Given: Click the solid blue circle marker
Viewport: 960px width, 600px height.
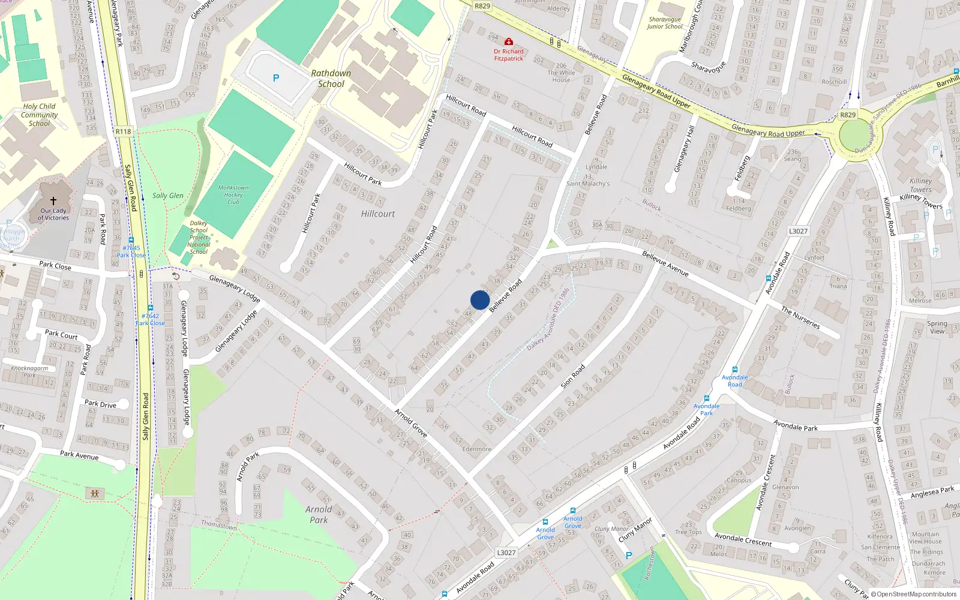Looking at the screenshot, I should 480,300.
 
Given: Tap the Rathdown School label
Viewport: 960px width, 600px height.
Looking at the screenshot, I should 331,79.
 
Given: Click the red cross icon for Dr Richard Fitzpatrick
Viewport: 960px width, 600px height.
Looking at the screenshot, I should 509,41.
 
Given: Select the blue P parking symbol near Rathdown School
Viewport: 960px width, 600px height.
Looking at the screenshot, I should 276,78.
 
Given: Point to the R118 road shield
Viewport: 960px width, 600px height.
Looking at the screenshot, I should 123,131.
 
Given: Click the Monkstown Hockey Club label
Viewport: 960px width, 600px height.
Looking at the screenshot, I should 233,194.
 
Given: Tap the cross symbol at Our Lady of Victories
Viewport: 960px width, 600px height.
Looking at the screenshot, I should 53,201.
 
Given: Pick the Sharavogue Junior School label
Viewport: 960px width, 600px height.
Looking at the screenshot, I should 665,23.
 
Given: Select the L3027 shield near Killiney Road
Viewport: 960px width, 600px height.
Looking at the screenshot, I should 798,231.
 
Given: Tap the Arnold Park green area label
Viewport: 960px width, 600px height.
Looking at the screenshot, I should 319,515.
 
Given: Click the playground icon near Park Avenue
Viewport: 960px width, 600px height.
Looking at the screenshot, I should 95,494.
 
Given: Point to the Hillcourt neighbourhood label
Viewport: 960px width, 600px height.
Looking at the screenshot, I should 378,214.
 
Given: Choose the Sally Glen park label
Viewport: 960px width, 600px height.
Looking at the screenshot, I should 168,196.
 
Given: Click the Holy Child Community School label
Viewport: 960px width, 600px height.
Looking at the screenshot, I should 40,115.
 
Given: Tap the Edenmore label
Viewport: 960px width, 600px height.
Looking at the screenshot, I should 477,449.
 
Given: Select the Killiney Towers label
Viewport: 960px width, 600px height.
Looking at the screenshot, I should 921,185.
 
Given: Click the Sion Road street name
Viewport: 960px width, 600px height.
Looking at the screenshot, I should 573,376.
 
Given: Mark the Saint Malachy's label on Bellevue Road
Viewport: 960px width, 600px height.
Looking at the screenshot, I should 588,184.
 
